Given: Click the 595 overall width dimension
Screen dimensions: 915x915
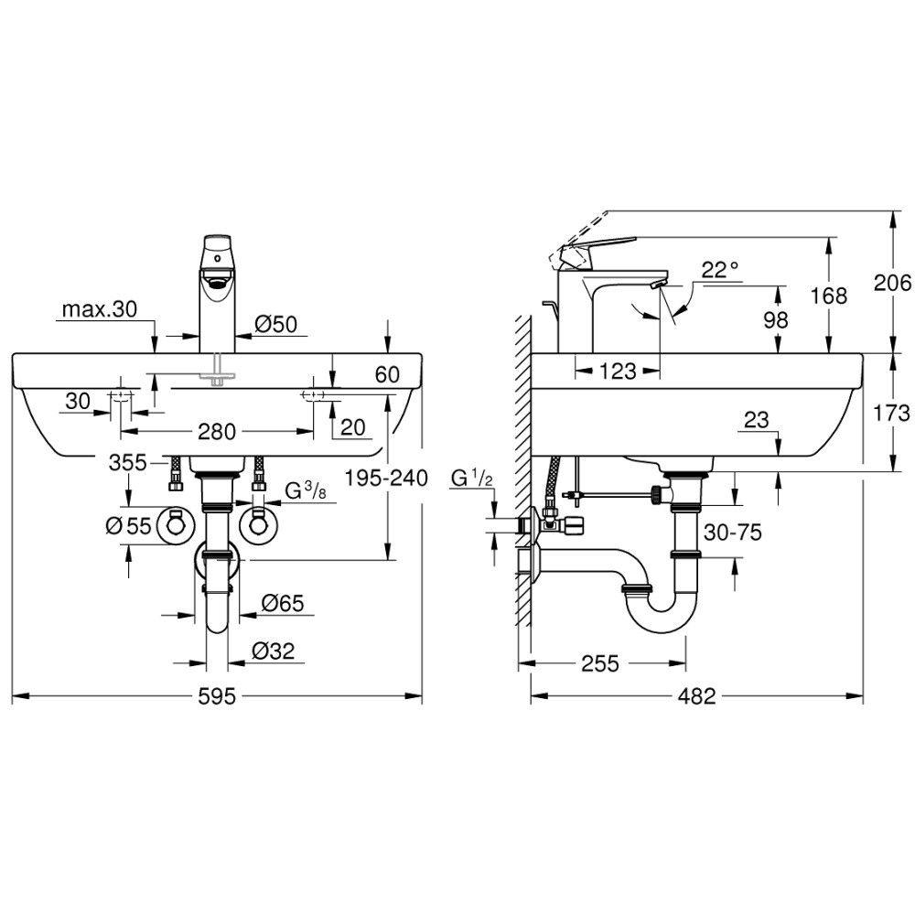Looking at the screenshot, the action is [x=217, y=695].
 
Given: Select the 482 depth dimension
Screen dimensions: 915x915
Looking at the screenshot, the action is [x=696, y=695].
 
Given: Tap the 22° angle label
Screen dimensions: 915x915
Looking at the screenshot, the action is [x=719, y=270].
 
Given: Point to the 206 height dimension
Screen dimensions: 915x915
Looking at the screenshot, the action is [x=891, y=283].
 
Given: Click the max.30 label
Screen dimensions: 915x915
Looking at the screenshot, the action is [x=99, y=308].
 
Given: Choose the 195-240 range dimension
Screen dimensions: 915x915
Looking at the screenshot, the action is [x=386, y=479].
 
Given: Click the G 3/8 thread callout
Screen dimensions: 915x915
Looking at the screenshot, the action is [x=306, y=491].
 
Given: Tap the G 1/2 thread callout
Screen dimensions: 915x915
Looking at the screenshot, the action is [x=472, y=479].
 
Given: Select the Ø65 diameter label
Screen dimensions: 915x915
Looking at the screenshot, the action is [x=283, y=603].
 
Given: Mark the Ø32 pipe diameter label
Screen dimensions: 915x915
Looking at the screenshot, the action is [x=273, y=651].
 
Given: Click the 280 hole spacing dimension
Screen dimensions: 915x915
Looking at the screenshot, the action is [x=217, y=432].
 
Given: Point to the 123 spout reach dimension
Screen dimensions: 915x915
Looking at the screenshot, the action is [x=618, y=371].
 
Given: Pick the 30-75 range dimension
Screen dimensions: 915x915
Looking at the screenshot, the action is [x=732, y=533].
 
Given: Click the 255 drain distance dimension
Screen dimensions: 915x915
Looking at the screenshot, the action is [x=600, y=662].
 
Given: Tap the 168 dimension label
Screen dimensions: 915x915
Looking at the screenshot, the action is [x=829, y=296].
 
